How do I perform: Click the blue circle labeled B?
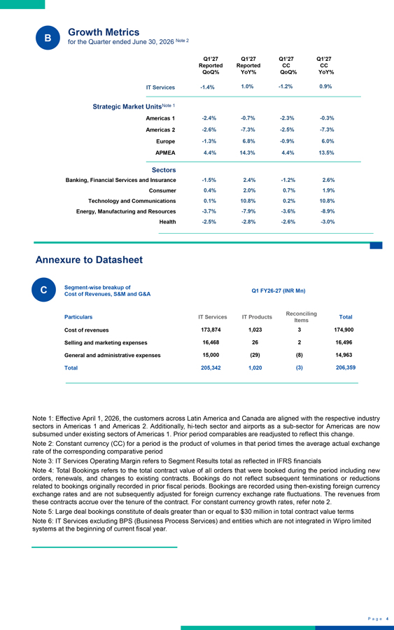point(48,38)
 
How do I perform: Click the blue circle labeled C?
point(44,290)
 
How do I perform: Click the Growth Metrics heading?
point(104,32)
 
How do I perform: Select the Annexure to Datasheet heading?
point(89,260)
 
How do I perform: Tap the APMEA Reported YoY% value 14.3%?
point(248,153)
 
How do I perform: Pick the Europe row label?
point(165,141)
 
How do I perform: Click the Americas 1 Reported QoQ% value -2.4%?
point(209,118)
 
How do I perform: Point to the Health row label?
point(167,222)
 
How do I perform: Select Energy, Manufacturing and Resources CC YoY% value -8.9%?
point(328,211)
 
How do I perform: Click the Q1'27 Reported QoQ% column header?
point(211,66)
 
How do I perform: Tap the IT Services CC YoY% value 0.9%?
point(325,86)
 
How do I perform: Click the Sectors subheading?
point(164,170)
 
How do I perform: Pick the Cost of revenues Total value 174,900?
point(344,330)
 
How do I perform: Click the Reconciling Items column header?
point(301,316)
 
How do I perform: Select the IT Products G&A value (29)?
point(255,355)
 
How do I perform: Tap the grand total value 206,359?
point(346,367)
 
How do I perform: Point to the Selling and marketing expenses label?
point(106,343)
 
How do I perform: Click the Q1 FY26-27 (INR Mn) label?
point(279,290)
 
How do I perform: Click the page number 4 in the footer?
point(387,619)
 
